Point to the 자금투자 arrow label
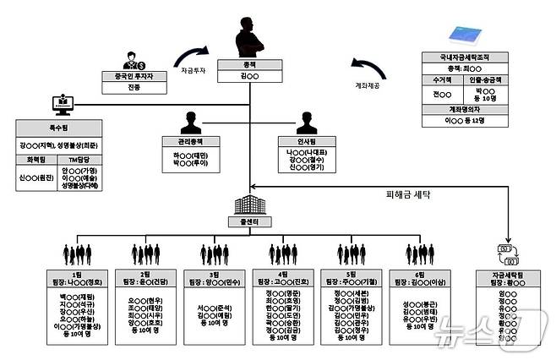[194, 74]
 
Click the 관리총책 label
[188, 141]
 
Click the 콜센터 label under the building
[252, 223]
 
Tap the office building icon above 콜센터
[251, 205]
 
